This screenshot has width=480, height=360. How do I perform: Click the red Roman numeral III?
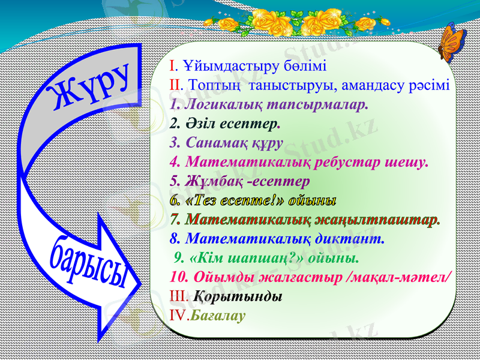click(178, 296)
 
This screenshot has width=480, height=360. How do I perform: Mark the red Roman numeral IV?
click(179, 315)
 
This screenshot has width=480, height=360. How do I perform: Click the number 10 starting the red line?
click(178, 277)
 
